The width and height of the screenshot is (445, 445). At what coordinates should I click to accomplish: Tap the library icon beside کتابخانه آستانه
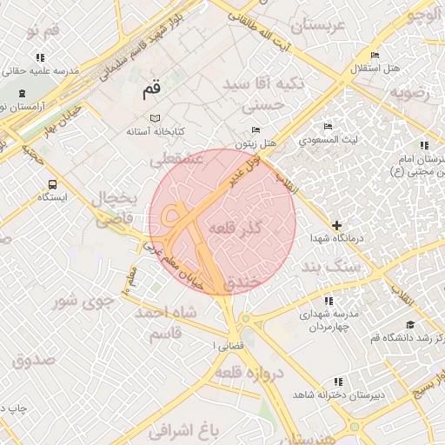coord(155,118)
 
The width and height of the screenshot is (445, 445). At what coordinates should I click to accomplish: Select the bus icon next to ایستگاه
coord(53,184)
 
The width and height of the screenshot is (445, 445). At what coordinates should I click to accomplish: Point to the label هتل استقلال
coord(375,68)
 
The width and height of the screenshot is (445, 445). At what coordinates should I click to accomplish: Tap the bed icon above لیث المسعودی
coord(328,127)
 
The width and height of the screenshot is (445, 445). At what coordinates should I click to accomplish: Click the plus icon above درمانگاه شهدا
coord(336,225)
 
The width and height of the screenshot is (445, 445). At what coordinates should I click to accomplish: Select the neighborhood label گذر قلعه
coord(235,228)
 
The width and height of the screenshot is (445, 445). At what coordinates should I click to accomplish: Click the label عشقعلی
coord(176,160)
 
